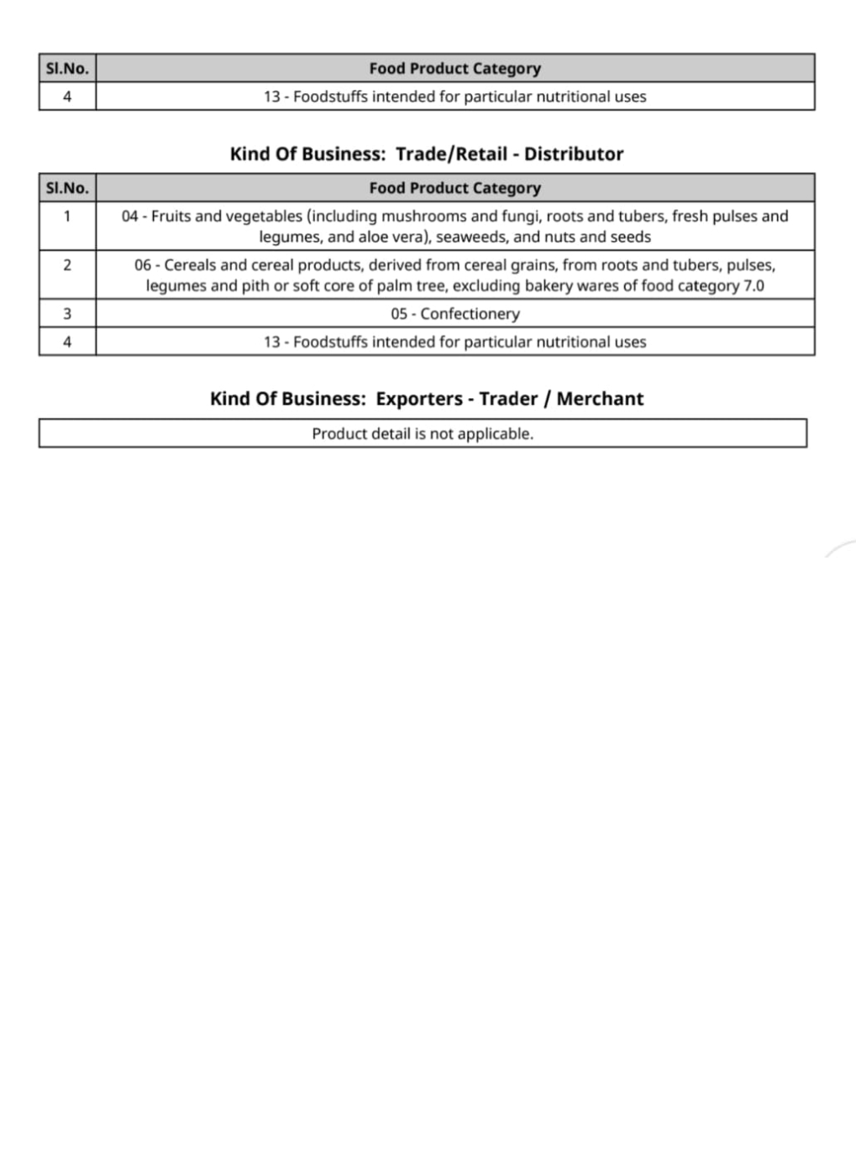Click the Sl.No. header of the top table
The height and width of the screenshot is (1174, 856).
click(x=67, y=69)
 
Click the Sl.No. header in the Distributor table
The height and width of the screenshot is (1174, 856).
click(x=67, y=188)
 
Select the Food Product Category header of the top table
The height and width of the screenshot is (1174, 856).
click(x=454, y=69)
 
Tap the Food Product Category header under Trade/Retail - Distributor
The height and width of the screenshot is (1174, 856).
click(x=454, y=188)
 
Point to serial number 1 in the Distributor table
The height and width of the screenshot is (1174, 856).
click(x=67, y=217)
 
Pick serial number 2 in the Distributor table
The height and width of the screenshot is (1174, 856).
click(x=67, y=265)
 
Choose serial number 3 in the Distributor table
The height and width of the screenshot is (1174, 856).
click(x=67, y=314)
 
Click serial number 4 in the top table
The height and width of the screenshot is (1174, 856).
click(x=67, y=97)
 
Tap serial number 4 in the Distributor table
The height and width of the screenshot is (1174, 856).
click(x=67, y=342)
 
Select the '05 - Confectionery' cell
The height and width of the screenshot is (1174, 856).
click(x=454, y=314)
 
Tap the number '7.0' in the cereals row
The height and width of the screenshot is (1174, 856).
click(x=754, y=286)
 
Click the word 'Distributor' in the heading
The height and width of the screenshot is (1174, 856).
click(x=574, y=155)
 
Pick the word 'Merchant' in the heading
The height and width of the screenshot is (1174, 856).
click(x=600, y=399)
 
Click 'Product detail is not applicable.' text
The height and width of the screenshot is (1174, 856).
click(x=423, y=434)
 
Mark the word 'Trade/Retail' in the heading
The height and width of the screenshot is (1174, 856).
click(x=451, y=155)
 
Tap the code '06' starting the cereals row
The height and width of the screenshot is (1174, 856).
click(x=144, y=265)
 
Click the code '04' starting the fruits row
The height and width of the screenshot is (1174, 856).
click(x=131, y=217)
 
